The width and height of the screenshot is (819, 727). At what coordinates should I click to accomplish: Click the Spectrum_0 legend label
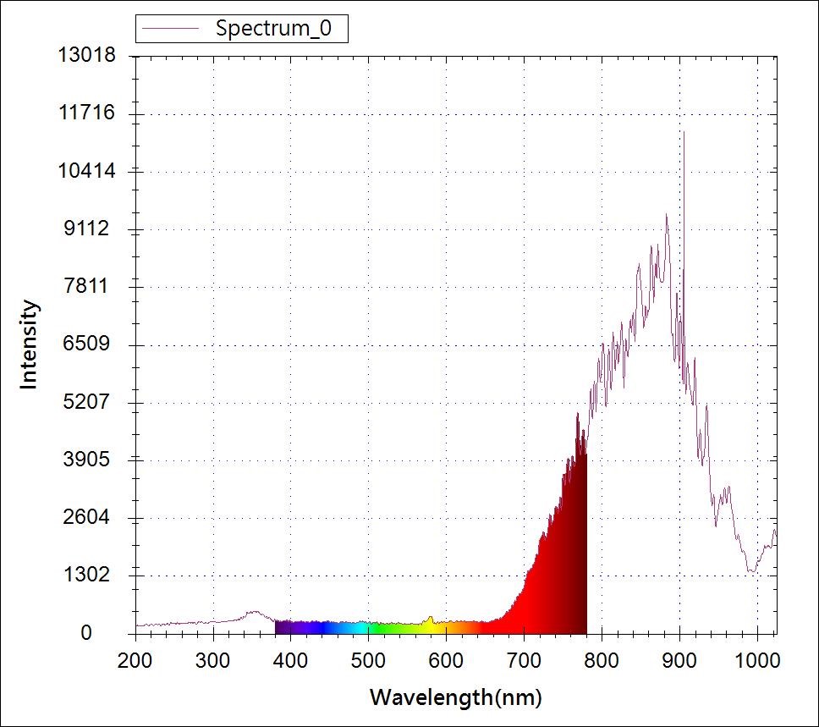[x=279, y=28]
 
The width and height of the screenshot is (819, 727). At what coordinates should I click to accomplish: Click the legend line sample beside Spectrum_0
[x=173, y=28]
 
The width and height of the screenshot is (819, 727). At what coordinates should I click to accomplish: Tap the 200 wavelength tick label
[x=135, y=658]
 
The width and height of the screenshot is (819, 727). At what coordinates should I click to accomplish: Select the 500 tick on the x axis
[x=368, y=658]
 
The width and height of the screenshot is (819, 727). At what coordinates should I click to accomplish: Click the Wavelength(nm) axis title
[x=455, y=697]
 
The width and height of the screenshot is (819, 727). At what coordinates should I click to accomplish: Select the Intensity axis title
[x=30, y=344]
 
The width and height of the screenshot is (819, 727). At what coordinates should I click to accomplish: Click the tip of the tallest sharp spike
[x=683, y=132]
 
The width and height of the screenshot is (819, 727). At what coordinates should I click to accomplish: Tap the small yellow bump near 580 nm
[x=430, y=619]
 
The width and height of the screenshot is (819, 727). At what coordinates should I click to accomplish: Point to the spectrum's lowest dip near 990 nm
[x=751, y=572]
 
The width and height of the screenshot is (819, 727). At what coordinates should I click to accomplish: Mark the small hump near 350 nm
[x=252, y=612]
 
